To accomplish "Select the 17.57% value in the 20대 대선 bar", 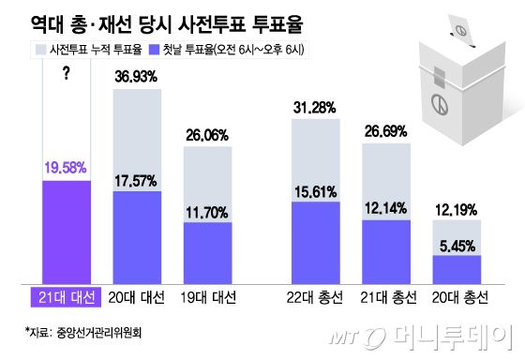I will point(138,178).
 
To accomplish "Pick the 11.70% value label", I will point(207,210).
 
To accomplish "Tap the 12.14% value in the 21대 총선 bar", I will point(386,208).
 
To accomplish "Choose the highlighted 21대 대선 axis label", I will point(66,297).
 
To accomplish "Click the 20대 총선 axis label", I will point(457,297).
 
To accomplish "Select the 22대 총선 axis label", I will point(316,297).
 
